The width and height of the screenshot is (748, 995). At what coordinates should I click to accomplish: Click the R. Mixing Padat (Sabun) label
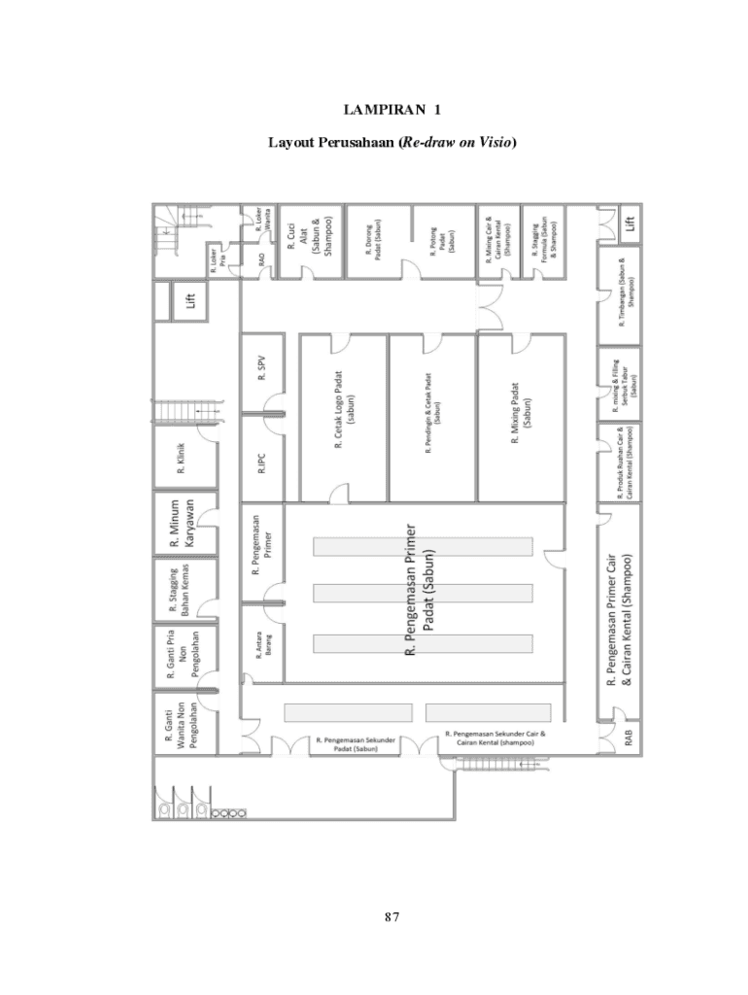[x=521, y=414]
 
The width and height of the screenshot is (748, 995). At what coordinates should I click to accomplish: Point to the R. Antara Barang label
[x=262, y=647]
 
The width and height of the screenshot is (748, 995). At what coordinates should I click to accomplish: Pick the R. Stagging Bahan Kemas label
[x=179, y=590]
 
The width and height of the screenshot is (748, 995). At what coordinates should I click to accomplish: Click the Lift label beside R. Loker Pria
[x=191, y=301]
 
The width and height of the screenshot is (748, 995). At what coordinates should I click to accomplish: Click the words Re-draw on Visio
[x=457, y=143]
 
